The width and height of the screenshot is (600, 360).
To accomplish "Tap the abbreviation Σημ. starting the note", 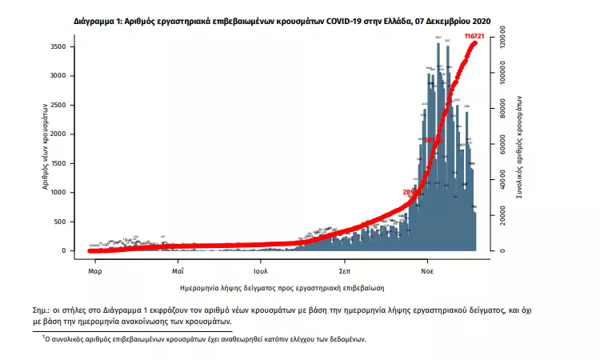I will click(50, 308).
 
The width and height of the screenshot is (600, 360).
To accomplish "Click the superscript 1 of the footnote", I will click(44, 338).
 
